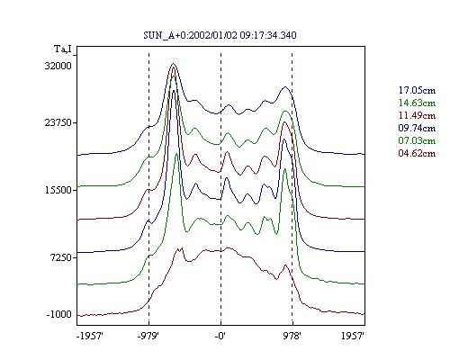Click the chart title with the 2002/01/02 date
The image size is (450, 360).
[220, 35]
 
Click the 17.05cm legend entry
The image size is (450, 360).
[417, 90]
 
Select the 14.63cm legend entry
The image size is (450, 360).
[417, 103]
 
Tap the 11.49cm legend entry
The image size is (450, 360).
[417, 115]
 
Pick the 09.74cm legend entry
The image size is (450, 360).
[417, 128]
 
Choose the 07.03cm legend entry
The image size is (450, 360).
[417, 140]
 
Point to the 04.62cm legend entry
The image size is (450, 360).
[417, 153]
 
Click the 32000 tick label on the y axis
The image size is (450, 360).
[58, 66]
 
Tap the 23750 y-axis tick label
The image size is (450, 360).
[58, 122]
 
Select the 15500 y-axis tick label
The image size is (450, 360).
[58, 190]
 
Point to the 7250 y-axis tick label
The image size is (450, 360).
[61, 257]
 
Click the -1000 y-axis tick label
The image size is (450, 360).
[59, 314]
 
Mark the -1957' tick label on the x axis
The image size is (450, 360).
[90, 336]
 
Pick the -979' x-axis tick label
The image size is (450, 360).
[148, 336]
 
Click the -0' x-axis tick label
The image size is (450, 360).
[220, 336]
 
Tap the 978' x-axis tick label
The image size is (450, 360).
[292, 336]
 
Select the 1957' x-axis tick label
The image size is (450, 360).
[353, 336]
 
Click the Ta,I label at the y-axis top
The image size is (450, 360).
[63, 49]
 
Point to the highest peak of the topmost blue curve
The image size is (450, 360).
[173, 64]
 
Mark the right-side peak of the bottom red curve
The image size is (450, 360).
[285, 265]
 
